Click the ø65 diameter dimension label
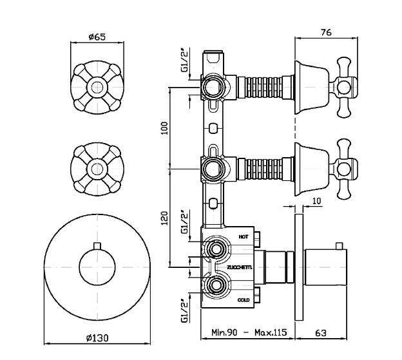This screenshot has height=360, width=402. (x=97, y=37)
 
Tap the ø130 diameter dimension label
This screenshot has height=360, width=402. (x=97, y=338)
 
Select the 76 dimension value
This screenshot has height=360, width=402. (x=326, y=33)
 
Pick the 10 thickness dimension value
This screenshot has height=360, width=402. (x=317, y=201)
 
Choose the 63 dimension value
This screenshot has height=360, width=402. (x=321, y=333)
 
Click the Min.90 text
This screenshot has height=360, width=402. (x=224, y=332)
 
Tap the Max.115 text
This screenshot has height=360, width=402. (x=271, y=332)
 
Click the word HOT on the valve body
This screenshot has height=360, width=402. (x=244, y=237)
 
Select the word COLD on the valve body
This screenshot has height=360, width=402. (x=244, y=300)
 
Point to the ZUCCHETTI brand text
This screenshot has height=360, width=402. (x=240, y=267)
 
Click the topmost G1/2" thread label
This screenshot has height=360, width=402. (x=184, y=61)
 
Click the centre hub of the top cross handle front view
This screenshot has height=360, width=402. (x=97, y=88)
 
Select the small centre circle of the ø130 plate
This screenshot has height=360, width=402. (x=97, y=267)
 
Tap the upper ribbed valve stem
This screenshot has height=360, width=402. (x=264, y=88)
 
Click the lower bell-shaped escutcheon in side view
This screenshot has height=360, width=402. (x=312, y=169)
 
